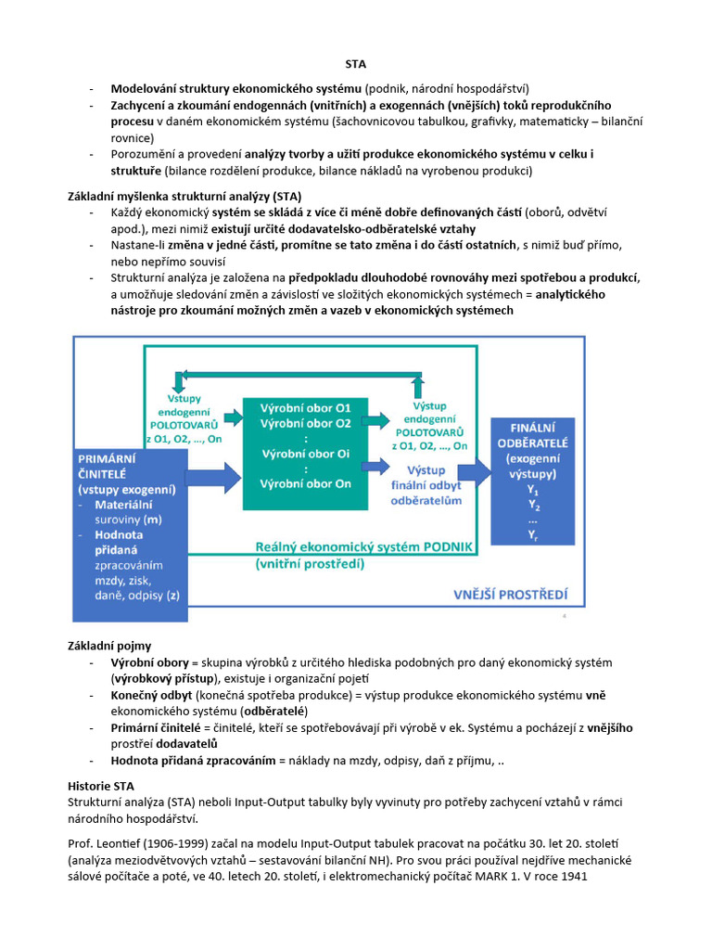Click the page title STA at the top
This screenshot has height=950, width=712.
355,64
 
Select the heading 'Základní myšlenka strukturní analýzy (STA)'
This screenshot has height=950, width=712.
184,196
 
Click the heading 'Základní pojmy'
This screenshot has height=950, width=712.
109,645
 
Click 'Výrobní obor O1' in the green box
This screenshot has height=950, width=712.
305,408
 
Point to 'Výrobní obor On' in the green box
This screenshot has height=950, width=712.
305,483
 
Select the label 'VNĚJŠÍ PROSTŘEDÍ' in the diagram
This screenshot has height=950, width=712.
510,594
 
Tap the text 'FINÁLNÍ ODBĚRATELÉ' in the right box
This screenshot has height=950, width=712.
533,435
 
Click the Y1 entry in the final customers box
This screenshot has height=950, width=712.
533,489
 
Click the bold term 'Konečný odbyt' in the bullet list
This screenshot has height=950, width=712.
152,695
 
